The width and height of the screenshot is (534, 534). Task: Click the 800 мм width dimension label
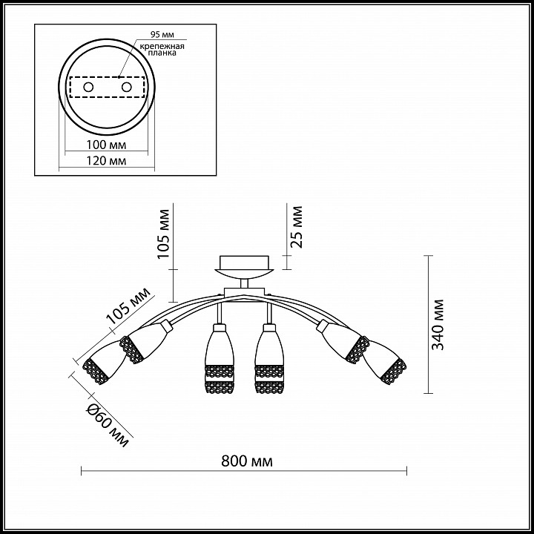pos(247,461)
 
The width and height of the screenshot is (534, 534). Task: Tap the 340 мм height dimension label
pos(438,325)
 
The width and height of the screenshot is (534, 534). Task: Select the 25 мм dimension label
pos(296,227)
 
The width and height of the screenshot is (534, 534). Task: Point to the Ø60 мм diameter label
pos(108,425)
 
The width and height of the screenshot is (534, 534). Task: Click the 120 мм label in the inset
pos(106,160)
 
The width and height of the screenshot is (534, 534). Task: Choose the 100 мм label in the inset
pos(106,145)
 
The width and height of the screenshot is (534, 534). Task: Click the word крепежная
pos(162,46)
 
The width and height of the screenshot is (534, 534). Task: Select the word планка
pos(162,53)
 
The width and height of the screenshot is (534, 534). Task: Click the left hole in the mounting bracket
pos(88,88)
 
